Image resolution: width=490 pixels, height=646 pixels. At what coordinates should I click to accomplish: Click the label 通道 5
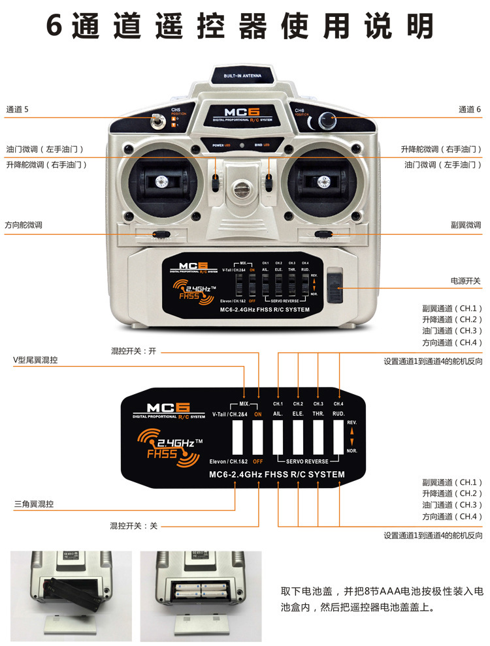click(18, 110)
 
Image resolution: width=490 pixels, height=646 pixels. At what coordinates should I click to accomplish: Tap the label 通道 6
click(470, 110)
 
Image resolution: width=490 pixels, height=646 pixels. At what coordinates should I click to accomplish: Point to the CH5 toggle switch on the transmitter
click(157, 121)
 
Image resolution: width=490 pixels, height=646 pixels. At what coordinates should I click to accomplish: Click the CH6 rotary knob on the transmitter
click(325, 121)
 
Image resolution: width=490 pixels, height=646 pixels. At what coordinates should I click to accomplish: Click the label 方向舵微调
click(24, 224)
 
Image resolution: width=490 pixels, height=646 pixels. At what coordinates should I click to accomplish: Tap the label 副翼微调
click(466, 224)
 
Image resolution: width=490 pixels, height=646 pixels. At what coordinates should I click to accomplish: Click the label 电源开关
click(466, 281)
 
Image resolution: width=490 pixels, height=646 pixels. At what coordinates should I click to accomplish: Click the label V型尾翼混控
click(35, 360)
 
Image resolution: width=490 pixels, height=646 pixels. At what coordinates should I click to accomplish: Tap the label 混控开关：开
click(134, 350)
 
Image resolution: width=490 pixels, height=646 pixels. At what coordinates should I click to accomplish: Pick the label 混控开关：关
click(134, 525)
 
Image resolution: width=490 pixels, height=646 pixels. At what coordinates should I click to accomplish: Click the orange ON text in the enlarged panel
click(258, 414)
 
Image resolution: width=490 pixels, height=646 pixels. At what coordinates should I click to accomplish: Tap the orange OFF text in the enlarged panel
click(258, 461)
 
